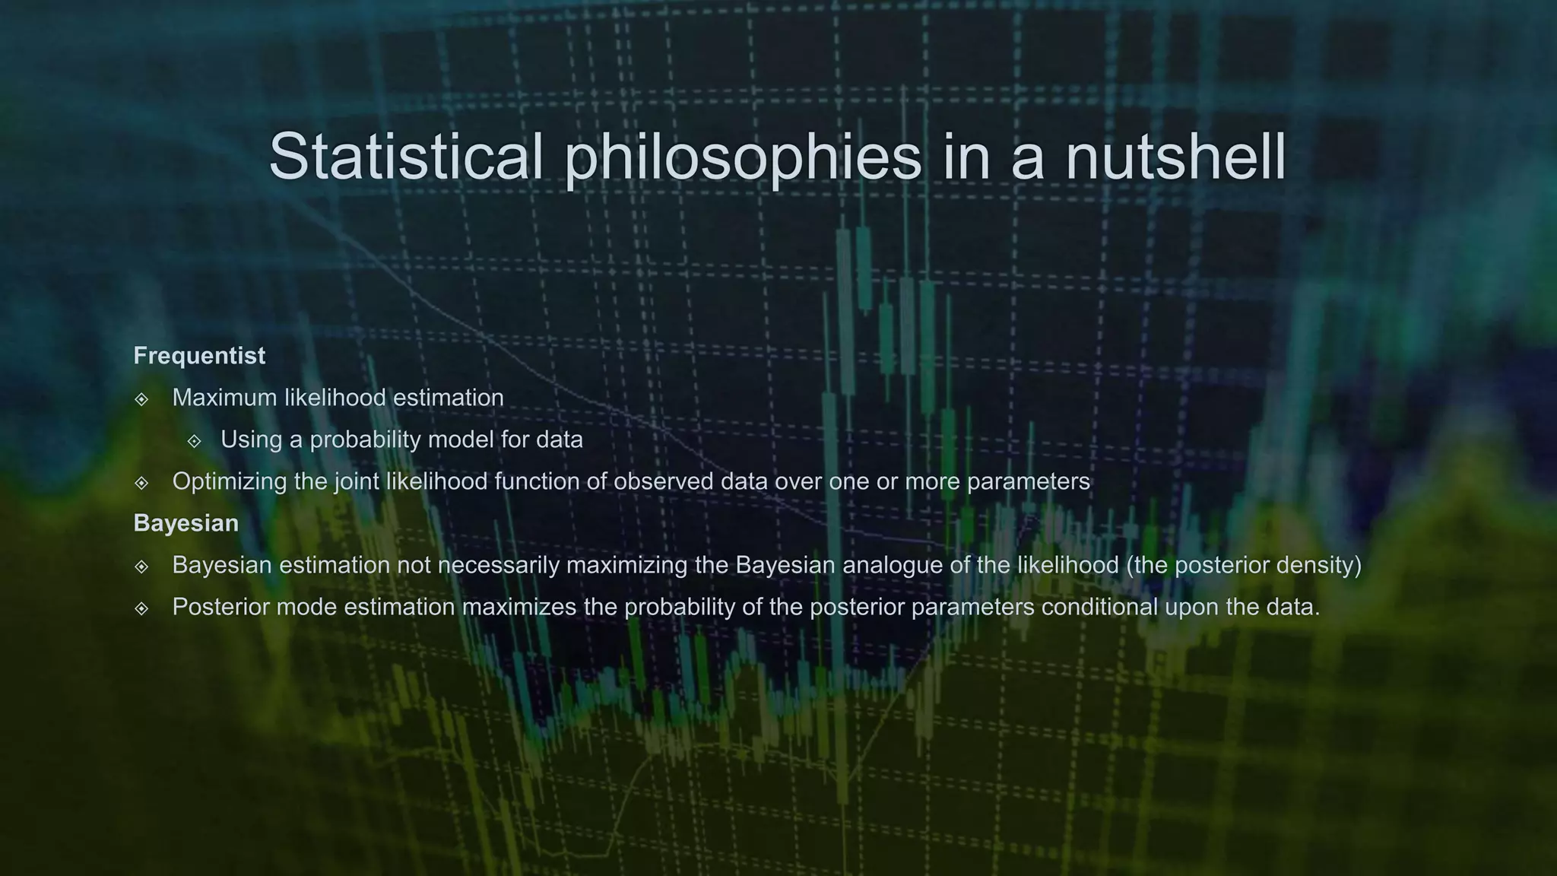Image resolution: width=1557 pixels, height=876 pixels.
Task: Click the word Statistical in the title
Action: click(x=406, y=156)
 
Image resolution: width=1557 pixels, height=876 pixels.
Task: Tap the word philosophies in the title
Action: click(x=743, y=157)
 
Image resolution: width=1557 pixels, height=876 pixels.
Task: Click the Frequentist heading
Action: click(x=199, y=356)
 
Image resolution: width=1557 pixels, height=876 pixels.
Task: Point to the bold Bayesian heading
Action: click(x=186, y=523)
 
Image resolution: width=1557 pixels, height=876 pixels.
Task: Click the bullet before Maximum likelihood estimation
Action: click(x=141, y=399)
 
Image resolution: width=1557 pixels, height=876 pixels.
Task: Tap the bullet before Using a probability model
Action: click(x=195, y=441)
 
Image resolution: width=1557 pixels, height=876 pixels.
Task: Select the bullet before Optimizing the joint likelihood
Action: click(x=141, y=483)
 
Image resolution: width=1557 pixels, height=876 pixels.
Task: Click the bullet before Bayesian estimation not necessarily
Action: click(x=141, y=567)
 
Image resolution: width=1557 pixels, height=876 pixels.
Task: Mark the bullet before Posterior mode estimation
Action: click(x=141, y=608)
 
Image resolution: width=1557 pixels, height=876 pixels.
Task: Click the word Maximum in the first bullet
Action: click(x=224, y=398)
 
